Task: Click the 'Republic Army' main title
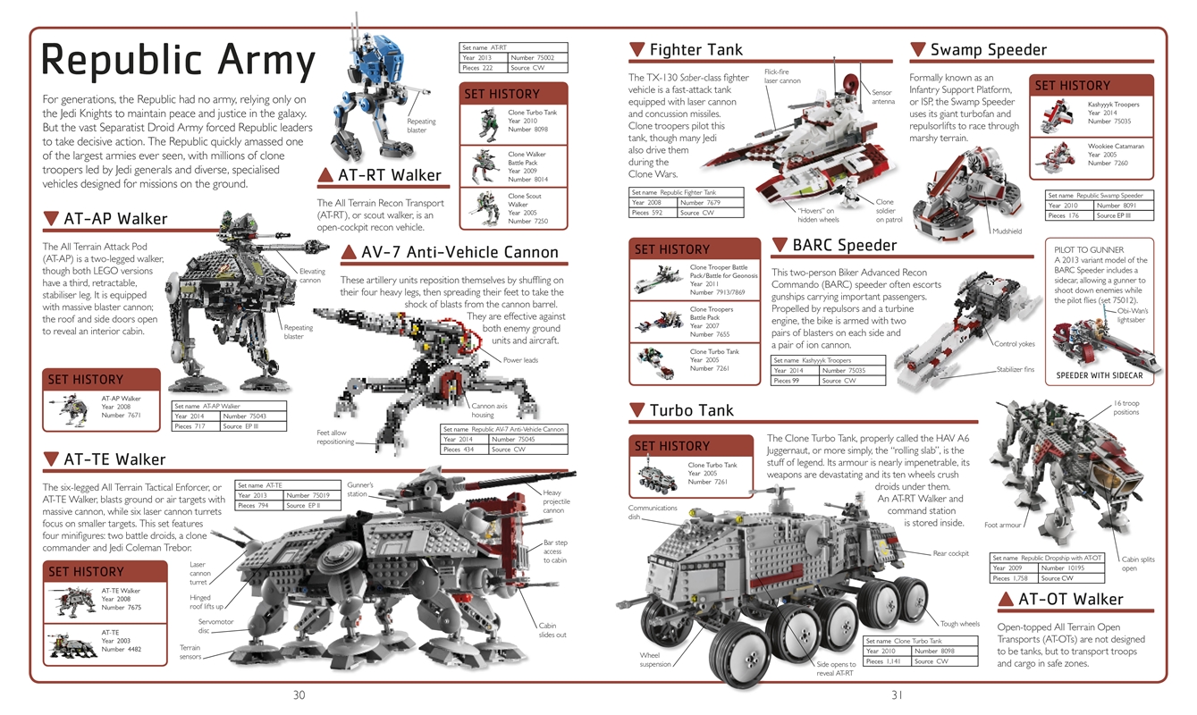point(179,61)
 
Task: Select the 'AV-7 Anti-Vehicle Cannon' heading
point(460,253)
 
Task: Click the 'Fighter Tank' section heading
point(695,50)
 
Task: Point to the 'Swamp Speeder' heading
point(988,50)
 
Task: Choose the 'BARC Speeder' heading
point(844,245)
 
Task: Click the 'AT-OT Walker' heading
point(1071,599)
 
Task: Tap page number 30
point(299,695)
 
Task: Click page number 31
point(898,695)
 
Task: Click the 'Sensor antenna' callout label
point(882,97)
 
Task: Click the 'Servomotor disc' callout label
point(215,625)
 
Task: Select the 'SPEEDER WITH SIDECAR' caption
point(1100,375)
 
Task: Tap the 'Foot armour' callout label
point(1002,525)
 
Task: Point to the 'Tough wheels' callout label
point(959,624)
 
